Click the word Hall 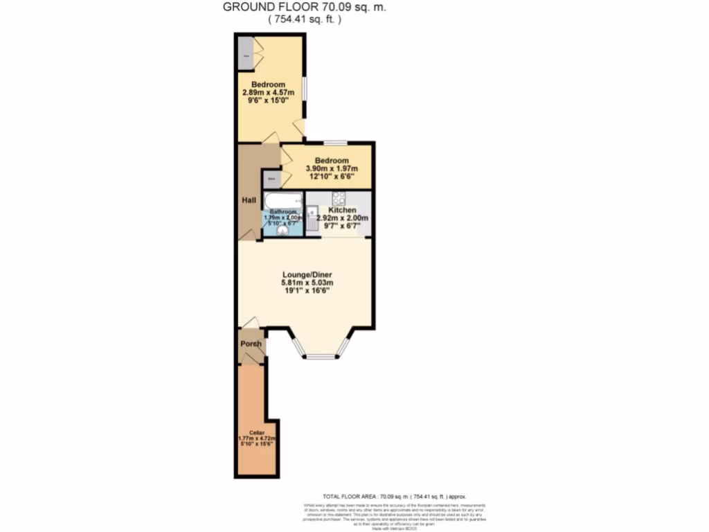[x=249, y=200]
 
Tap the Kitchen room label [x=342, y=210]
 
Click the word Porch [x=251, y=344]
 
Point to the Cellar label [x=258, y=433]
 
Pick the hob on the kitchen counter [x=342, y=197]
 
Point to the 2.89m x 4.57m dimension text [x=269, y=92]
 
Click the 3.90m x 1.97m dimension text [x=331, y=168]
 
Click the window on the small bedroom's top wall [x=335, y=143]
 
